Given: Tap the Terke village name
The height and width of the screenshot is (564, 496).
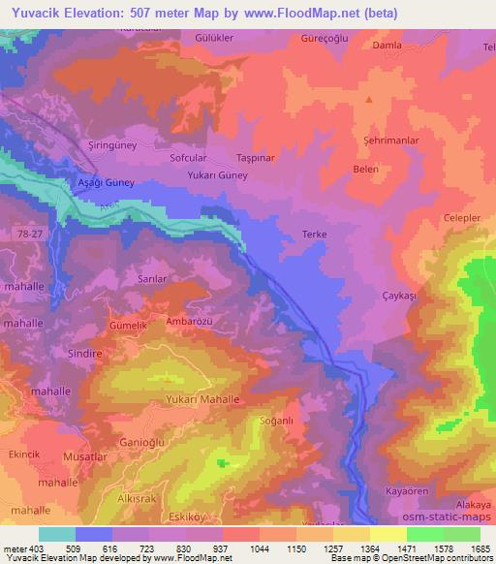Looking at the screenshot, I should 315,235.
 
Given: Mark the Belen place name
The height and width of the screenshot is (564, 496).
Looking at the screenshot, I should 365,169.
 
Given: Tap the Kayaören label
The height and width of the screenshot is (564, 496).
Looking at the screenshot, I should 407,492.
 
